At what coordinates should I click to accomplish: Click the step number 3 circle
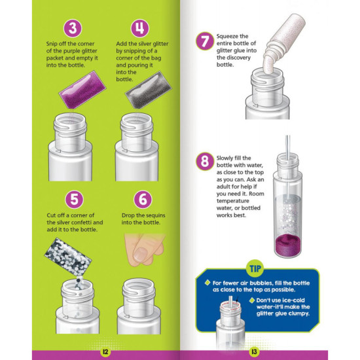(x=73, y=28)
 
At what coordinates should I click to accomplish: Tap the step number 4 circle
(x=140, y=28)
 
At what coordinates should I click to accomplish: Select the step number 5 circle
(x=75, y=199)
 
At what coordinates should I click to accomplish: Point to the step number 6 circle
(x=143, y=199)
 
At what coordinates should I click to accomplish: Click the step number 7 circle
(x=205, y=41)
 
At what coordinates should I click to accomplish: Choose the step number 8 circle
(x=205, y=162)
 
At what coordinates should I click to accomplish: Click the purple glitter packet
(x=82, y=90)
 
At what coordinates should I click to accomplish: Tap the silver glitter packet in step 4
(x=149, y=90)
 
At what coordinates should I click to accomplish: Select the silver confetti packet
(x=68, y=257)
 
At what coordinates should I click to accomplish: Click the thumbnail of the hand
(x=140, y=255)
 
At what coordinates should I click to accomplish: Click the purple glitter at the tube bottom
(x=288, y=245)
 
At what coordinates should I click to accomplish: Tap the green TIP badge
(x=255, y=268)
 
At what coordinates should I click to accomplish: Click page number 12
(x=105, y=352)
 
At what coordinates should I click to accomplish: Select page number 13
(x=254, y=352)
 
